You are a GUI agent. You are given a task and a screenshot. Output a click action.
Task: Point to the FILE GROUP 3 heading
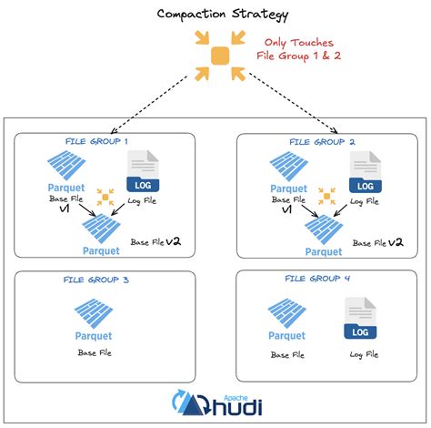tap(95, 280)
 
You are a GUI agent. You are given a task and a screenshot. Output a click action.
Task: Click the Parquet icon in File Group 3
tap(94, 317)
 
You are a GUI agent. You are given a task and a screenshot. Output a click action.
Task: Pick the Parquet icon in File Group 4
tap(287, 319)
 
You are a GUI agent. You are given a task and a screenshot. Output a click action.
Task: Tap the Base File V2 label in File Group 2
tap(377, 242)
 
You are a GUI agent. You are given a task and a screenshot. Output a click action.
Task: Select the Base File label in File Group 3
tap(94, 352)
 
